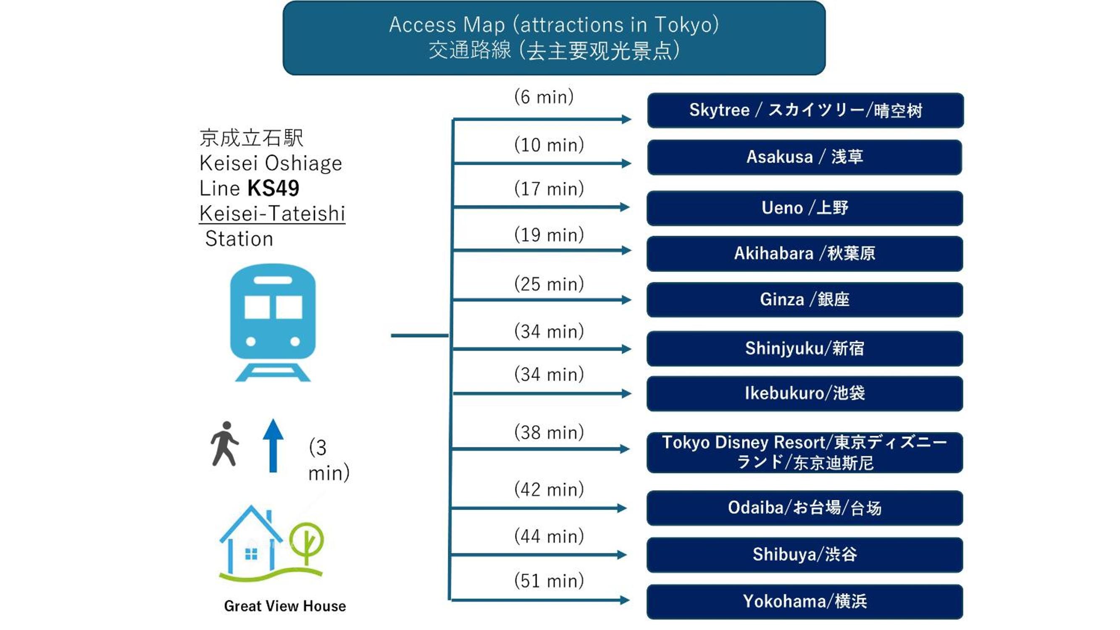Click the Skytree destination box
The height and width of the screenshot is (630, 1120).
(x=805, y=110)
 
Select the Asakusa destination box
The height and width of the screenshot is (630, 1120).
(x=805, y=157)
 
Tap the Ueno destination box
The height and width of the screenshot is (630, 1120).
(x=805, y=208)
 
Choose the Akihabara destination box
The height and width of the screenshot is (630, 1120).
(x=805, y=254)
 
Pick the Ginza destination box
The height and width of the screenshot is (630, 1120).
(x=805, y=299)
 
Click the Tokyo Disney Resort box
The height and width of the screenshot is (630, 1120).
(x=805, y=452)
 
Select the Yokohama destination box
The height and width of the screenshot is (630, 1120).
(x=805, y=602)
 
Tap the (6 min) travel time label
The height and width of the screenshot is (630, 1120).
(x=544, y=97)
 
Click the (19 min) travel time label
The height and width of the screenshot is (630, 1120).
(x=549, y=235)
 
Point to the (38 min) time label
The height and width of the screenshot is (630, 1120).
(x=549, y=433)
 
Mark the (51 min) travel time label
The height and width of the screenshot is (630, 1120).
(x=549, y=581)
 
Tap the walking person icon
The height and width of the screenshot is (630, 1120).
(x=224, y=444)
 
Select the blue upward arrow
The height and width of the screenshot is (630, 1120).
(x=273, y=445)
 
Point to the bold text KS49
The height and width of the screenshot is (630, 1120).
(x=273, y=188)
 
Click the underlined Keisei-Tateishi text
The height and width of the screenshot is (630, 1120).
(x=272, y=213)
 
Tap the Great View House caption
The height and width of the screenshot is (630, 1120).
(x=285, y=606)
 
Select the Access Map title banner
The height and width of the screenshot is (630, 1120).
(x=554, y=38)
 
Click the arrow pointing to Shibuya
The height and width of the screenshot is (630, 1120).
(x=539, y=555)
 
